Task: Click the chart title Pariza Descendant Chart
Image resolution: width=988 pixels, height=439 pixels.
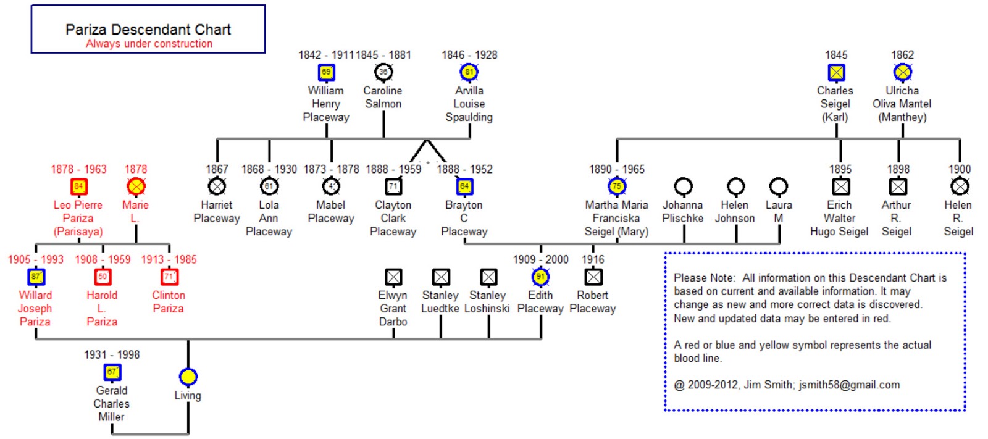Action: tap(148, 29)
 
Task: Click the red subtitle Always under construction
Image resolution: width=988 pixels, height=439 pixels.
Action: tap(149, 44)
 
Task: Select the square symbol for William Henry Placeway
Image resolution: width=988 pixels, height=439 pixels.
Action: tap(326, 73)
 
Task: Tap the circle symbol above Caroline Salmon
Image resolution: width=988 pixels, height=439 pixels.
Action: tap(383, 73)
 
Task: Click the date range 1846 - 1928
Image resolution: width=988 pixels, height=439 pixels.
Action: tap(469, 55)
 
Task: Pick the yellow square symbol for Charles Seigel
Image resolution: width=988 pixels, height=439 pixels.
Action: tap(836, 73)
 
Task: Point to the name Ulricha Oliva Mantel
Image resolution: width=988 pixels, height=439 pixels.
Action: tap(902, 104)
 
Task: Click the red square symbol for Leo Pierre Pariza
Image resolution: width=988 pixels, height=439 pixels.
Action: tap(78, 186)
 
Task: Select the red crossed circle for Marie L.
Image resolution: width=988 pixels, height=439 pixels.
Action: tap(136, 186)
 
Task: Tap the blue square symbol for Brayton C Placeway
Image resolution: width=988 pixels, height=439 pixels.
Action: tap(464, 186)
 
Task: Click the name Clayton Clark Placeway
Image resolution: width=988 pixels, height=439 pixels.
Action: tap(393, 218)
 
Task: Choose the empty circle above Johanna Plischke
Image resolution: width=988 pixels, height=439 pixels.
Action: tap(683, 186)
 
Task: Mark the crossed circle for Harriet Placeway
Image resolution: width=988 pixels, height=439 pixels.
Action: tap(217, 186)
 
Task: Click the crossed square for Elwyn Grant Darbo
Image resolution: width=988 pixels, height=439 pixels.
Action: tap(393, 277)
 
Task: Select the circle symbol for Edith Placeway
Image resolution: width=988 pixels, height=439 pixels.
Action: tap(540, 277)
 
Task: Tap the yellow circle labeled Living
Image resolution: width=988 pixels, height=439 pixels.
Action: tap(188, 377)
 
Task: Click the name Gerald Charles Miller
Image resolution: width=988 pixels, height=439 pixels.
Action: tap(112, 404)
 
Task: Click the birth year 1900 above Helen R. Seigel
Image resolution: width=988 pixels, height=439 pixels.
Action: tap(960, 169)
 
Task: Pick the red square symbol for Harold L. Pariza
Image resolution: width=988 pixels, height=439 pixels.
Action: tap(103, 277)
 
